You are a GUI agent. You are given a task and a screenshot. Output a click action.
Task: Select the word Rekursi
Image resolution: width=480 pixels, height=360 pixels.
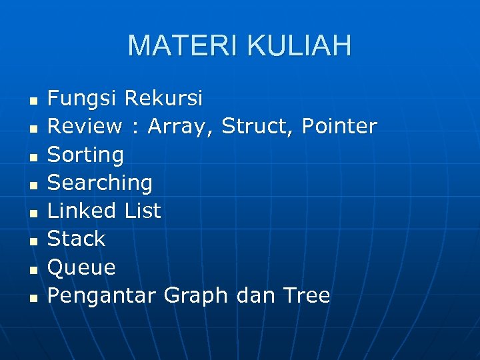click(x=163, y=99)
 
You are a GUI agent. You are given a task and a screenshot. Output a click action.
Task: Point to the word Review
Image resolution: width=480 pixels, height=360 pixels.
click(x=85, y=126)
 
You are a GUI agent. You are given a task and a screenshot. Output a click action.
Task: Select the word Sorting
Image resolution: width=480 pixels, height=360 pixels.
click(x=85, y=155)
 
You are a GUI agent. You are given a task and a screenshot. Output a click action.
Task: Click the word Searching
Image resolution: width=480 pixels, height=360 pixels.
click(x=100, y=183)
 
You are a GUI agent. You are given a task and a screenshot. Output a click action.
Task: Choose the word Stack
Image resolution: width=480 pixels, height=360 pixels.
click(x=76, y=239)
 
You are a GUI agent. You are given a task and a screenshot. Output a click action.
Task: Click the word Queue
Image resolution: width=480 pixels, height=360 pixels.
click(x=81, y=268)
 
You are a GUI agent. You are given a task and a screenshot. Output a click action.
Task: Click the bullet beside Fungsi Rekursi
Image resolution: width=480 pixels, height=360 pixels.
click(x=32, y=101)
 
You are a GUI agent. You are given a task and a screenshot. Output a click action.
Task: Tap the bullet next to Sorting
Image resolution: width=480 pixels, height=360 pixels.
click(x=32, y=157)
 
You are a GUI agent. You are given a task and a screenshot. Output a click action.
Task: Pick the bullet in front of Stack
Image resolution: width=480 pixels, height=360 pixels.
click(x=32, y=241)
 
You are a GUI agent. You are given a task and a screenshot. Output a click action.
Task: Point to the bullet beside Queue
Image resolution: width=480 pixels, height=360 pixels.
click(x=32, y=269)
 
